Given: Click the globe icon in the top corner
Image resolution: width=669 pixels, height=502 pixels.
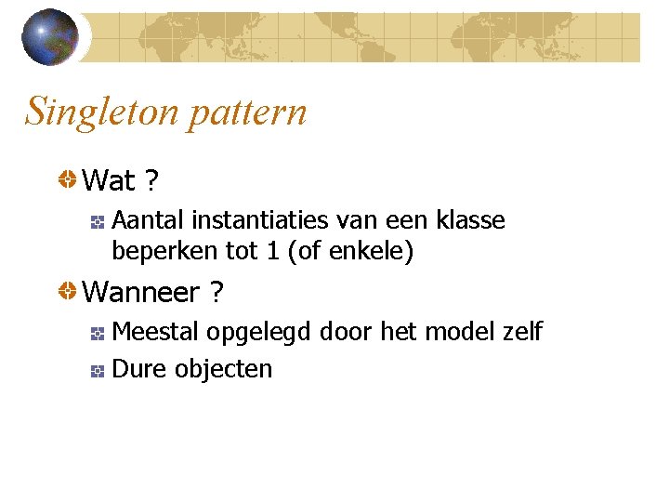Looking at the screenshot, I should coord(49,37).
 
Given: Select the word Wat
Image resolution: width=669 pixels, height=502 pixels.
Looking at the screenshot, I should coord(109,180).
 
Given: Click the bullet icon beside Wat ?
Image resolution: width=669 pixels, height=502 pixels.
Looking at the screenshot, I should coord(68,179).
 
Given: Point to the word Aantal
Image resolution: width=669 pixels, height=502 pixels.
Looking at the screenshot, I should coord(148,220).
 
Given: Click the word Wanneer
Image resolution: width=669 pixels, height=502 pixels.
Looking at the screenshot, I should coord(141,293).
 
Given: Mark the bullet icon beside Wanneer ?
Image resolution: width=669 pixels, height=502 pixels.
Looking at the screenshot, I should coord(68,293).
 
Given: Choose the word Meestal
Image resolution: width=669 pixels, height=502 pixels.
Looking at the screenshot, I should coord(155,332).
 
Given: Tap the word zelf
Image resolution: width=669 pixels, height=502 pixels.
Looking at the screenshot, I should coord(521,332).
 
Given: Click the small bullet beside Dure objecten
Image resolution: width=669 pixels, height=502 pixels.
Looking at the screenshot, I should coord(98,371).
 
